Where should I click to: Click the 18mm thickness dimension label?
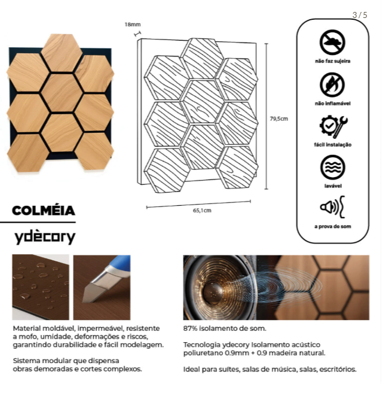(132, 25)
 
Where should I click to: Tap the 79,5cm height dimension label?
(279, 118)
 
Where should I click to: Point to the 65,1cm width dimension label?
(202, 210)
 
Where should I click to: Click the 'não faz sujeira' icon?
(332, 42)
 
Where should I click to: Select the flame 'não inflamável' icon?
(332, 84)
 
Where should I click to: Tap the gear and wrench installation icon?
(333, 126)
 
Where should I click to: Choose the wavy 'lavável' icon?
(332, 167)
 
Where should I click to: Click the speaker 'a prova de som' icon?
(332, 208)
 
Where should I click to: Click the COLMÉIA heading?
(44, 211)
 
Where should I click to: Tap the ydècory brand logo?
(45, 236)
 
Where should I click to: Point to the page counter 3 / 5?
(360, 15)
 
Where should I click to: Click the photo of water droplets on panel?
(41, 287)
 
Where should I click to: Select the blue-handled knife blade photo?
(102, 287)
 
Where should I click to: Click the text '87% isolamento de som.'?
(224, 328)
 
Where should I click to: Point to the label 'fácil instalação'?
(333, 145)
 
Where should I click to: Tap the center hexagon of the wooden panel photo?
(62, 93)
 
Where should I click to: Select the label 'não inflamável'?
(333, 103)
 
